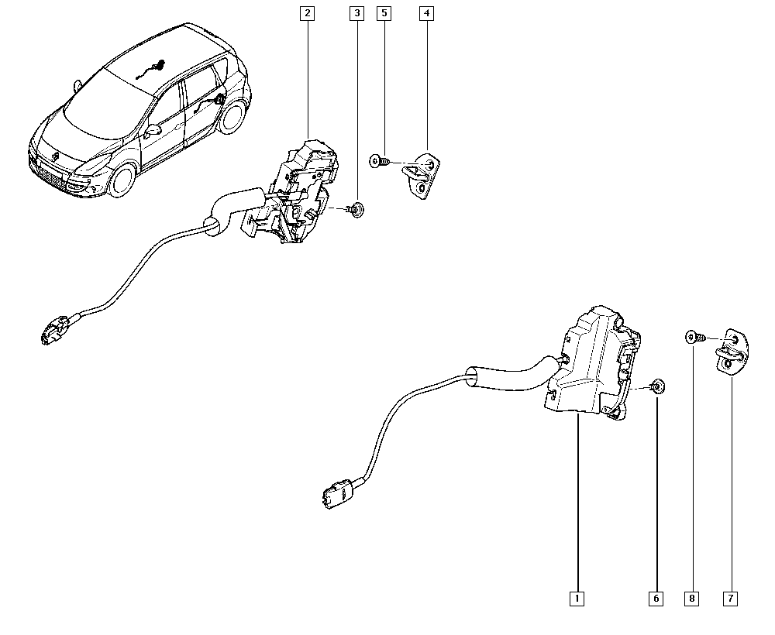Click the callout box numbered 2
pos(308,13)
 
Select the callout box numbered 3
pos(356,13)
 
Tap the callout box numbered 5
pos(384,13)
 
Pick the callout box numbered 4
pos(426,13)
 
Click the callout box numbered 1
pos(577,599)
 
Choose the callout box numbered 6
pos(656,599)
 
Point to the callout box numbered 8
pos(691,599)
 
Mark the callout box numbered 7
pos(731,599)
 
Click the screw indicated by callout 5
pos(380,161)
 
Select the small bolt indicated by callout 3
pos(356,209)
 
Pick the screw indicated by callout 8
pos(695,338)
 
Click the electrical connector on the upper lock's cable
pos(54,330)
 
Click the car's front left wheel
pos(122,179)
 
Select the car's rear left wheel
pos(232,116)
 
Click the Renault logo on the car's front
pos(56,156)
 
